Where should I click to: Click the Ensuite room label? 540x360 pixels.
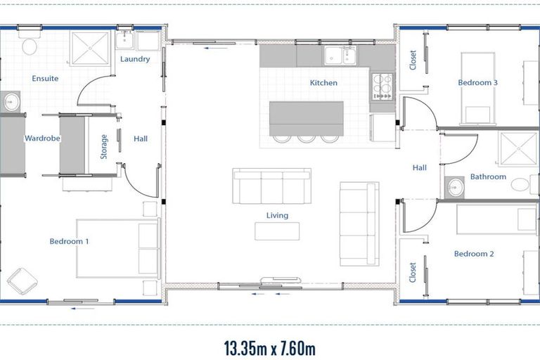tap(45, 79)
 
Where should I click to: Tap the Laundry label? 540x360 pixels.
tap(135, 59)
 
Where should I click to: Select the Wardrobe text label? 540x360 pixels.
tap(42, 139)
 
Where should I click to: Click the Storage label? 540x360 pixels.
tap(104, 146)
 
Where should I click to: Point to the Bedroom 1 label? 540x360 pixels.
tap(69, 241)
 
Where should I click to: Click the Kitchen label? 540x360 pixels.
tap(323, 83)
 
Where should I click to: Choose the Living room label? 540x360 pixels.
tap(277, 215)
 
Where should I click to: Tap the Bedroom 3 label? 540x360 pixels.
tap(478, 83)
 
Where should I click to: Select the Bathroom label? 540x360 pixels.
tap(488, 177)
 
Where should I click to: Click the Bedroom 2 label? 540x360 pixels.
tap(474, 254)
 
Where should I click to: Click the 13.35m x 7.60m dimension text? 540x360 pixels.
tap(270, 347)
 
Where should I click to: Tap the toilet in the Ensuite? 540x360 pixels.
tap(30, 46)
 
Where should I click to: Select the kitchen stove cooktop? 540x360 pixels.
tap(383, 86)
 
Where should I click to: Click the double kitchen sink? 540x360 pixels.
tap(339, 55)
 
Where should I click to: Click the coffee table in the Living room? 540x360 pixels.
tap(277, 231)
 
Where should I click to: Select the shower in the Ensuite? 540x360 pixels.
tap(91, 48)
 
